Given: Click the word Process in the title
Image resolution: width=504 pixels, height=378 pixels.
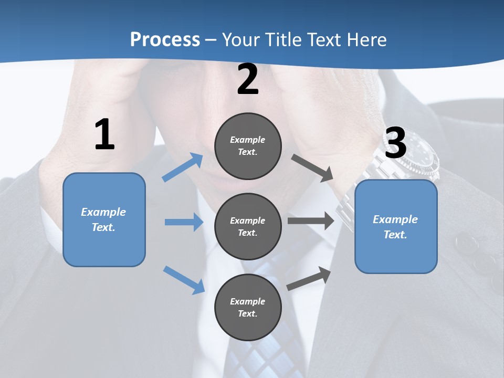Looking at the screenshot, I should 165,40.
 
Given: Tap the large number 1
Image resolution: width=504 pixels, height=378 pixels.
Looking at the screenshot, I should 104,135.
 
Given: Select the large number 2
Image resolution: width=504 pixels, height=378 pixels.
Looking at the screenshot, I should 248,80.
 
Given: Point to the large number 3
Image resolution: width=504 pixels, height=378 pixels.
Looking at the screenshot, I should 395,143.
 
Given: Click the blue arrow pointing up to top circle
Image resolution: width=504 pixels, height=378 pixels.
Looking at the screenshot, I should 183,167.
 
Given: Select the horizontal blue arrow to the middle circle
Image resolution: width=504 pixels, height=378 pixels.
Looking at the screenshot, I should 184,222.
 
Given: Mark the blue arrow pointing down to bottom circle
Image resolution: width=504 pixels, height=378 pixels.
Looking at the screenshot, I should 184,280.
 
